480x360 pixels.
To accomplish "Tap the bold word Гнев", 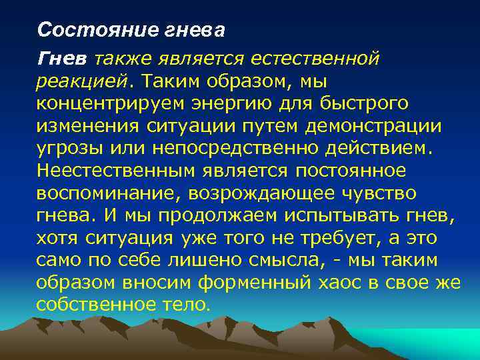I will coord(62,59).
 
